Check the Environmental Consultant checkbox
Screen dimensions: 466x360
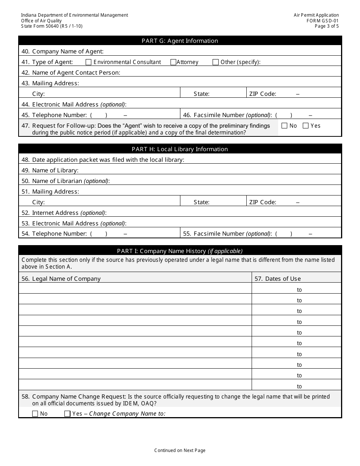point(89,62)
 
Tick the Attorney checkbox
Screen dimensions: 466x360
point(173,62)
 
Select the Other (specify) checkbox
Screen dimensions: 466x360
point(216,62)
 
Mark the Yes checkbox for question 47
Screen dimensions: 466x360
point(305,126)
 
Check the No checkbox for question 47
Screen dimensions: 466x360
point(285,126)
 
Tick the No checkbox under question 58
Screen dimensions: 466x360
point(35,414)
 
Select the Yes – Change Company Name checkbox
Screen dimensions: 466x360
point(67,414)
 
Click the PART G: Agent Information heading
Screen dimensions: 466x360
point(180,41)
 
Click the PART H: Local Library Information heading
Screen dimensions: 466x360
point(180,149)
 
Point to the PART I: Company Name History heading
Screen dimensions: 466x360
point(180,251)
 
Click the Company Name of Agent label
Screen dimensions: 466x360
point(67,52)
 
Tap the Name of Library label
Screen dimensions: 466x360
point(55,170)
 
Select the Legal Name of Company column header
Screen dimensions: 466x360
point(66,279)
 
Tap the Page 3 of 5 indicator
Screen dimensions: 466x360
point(327,26)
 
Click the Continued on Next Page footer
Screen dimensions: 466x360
point(180,450)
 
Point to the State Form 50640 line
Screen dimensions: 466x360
point(52,26)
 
